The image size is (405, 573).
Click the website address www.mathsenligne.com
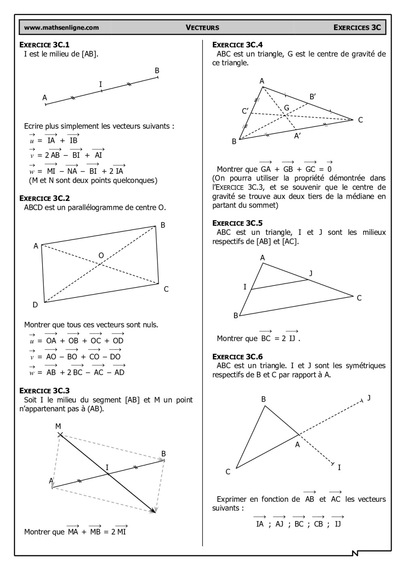point(61,28)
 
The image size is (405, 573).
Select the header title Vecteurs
point(202,28)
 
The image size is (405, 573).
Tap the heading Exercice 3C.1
point(45,45)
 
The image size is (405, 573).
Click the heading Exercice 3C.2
point(45,198)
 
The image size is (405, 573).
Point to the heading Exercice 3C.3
point(45,390)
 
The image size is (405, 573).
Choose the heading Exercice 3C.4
point(237,45)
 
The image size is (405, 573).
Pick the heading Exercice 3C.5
point(237,223)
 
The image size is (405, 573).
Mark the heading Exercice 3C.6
point(237,356)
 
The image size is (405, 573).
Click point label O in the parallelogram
point(101,256)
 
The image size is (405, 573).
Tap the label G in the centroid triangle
point(287,108)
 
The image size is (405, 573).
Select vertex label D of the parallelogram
point(35,305)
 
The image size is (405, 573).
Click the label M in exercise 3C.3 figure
point(58,426)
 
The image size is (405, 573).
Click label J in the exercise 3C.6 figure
point(369,398)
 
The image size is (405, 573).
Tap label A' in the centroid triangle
point(298,136)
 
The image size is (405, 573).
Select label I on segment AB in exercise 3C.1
point(100,84)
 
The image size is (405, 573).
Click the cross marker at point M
point(60,435)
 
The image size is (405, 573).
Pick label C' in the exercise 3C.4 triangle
point(245,111)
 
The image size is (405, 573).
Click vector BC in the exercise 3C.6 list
point(299,524)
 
